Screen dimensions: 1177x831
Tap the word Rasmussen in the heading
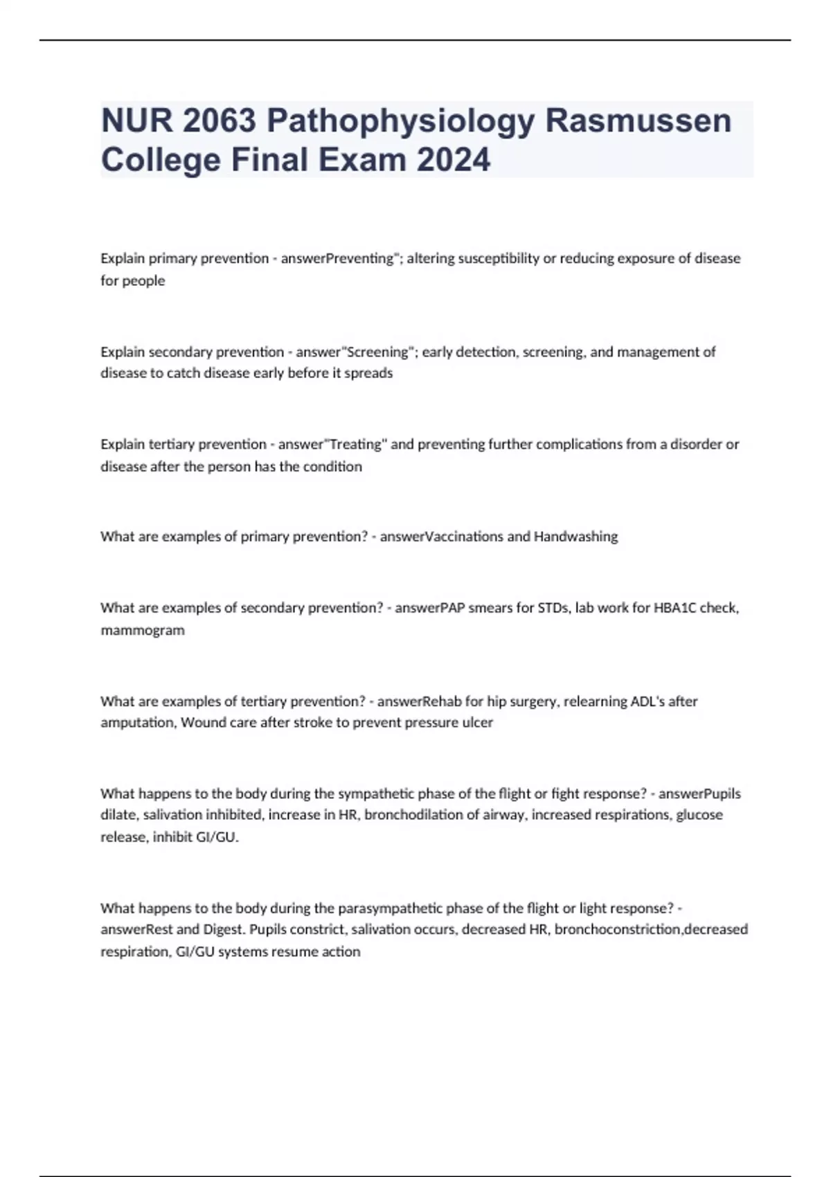point(638,120)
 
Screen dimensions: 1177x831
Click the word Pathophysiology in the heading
point(401,122)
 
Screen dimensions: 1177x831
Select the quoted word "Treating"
point(356,444)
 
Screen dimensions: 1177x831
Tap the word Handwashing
point(575,537)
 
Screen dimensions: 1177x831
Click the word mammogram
point(143,631)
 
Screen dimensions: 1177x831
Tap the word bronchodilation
point(413,815)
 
